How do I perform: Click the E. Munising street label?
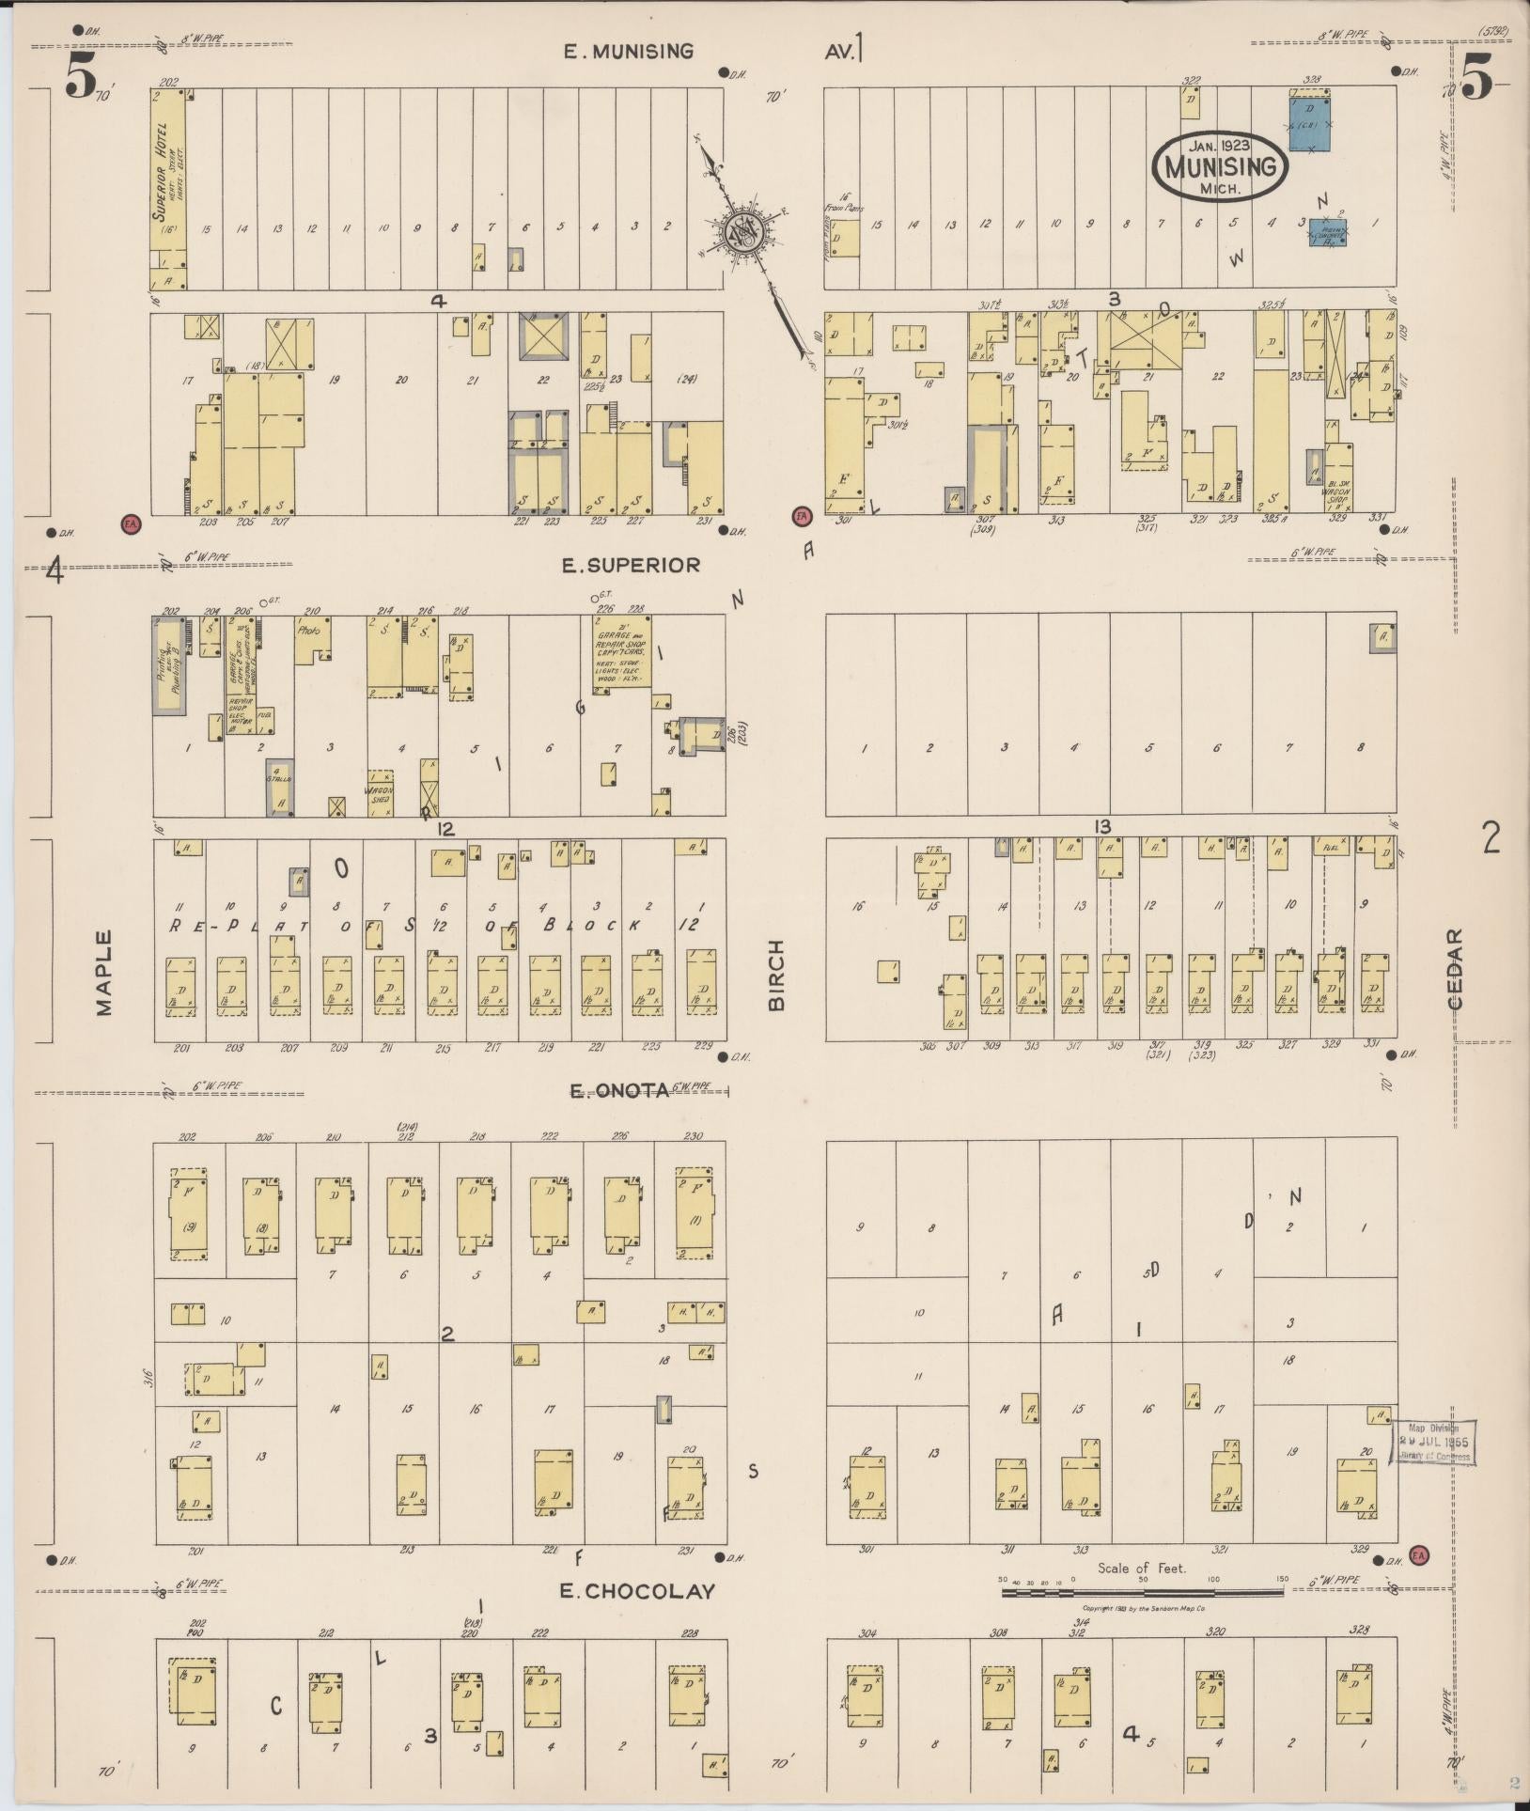[x=629, y=52]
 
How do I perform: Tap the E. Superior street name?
[x=631, y=565]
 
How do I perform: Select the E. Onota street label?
[x=620, y=1090]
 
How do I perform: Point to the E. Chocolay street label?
[x=637, y=1591]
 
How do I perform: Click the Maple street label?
[x=103, y=972]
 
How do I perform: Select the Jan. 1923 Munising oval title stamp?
[x=1221, y=165]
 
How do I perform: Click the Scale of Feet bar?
[x=1142, y=1592]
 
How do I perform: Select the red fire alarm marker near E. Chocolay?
[x=1418, y=1554]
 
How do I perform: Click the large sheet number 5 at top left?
[x=81, y=79]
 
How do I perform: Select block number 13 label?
[x=1102, y=827]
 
